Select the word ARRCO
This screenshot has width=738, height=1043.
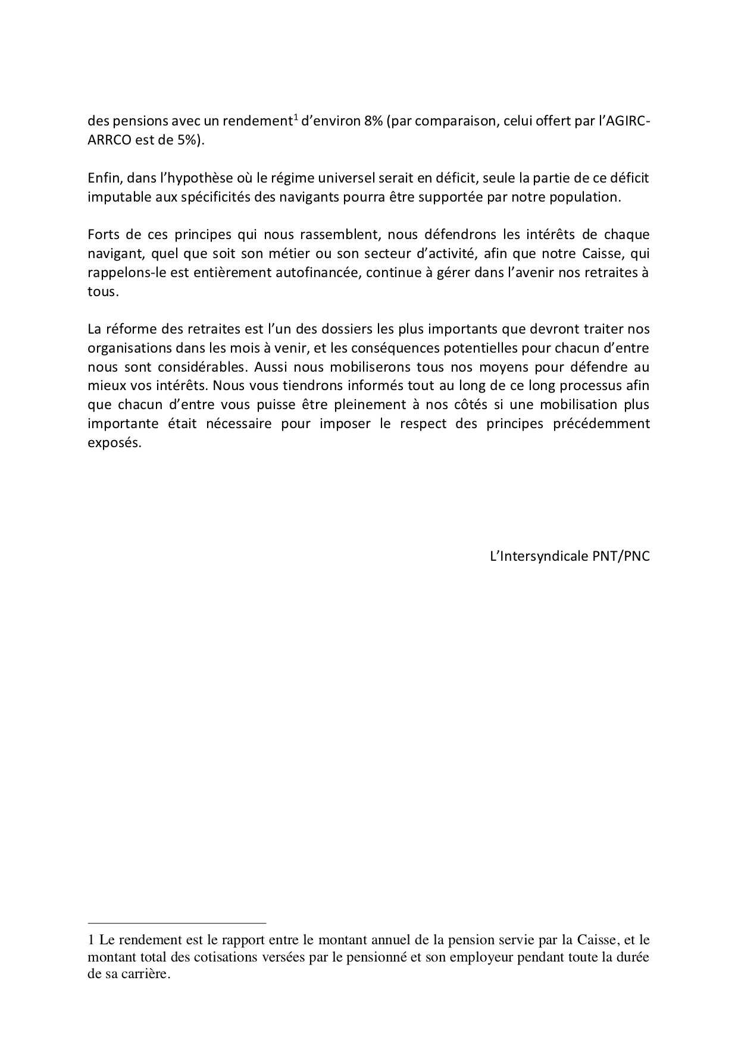pos(108,142)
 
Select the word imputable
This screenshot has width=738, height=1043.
pos(115,197)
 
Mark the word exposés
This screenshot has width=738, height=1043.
pos(113,443)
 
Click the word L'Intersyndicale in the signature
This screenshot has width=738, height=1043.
pos(534,557)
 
